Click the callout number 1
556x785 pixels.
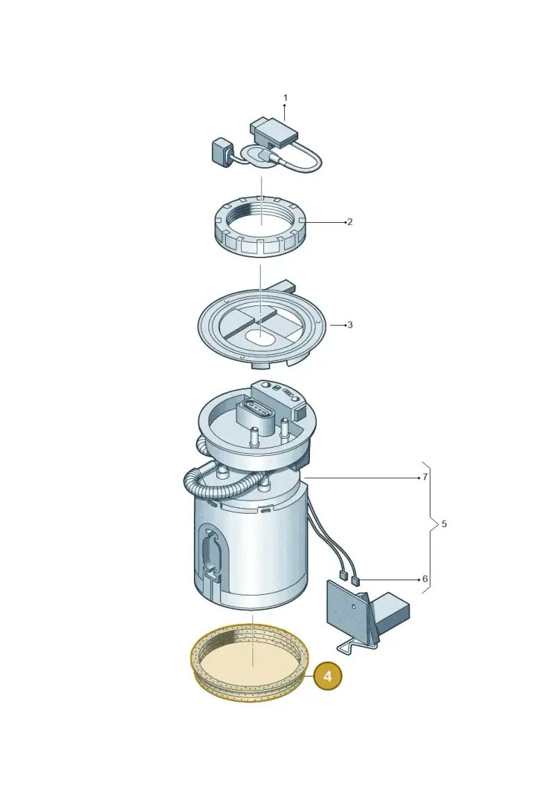(x=285, y=98)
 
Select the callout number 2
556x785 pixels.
(x=350, y=222)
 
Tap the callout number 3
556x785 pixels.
(x=350, y=325)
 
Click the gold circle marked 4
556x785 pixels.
(x=327, y=676)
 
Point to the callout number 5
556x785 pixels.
(x=444, y=524)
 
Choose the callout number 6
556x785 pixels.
(x=425, y=580)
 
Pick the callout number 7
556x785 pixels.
(x=425, y=477)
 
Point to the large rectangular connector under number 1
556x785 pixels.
(x=273, y=131)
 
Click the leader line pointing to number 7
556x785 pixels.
(x=361, y=478)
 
